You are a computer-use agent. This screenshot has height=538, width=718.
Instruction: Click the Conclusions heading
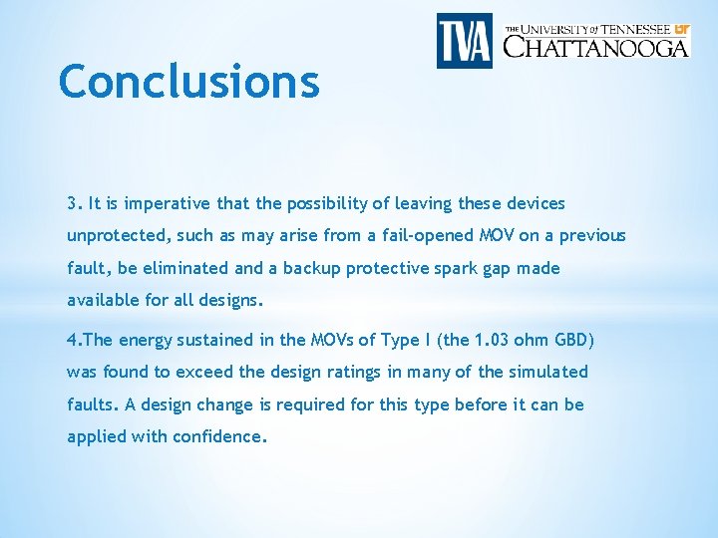tap(189, 82)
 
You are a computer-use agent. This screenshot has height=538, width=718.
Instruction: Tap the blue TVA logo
tap(464, 40)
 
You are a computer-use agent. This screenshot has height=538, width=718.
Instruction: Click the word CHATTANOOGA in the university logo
tap(595, 46)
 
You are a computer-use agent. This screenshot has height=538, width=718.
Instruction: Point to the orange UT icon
tap(680, 29)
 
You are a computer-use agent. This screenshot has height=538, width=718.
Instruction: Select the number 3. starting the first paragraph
tap(75, 203)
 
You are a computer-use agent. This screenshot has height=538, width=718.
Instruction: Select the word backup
tap(309, 268)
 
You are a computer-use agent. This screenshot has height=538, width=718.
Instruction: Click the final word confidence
tap(220, 436)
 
